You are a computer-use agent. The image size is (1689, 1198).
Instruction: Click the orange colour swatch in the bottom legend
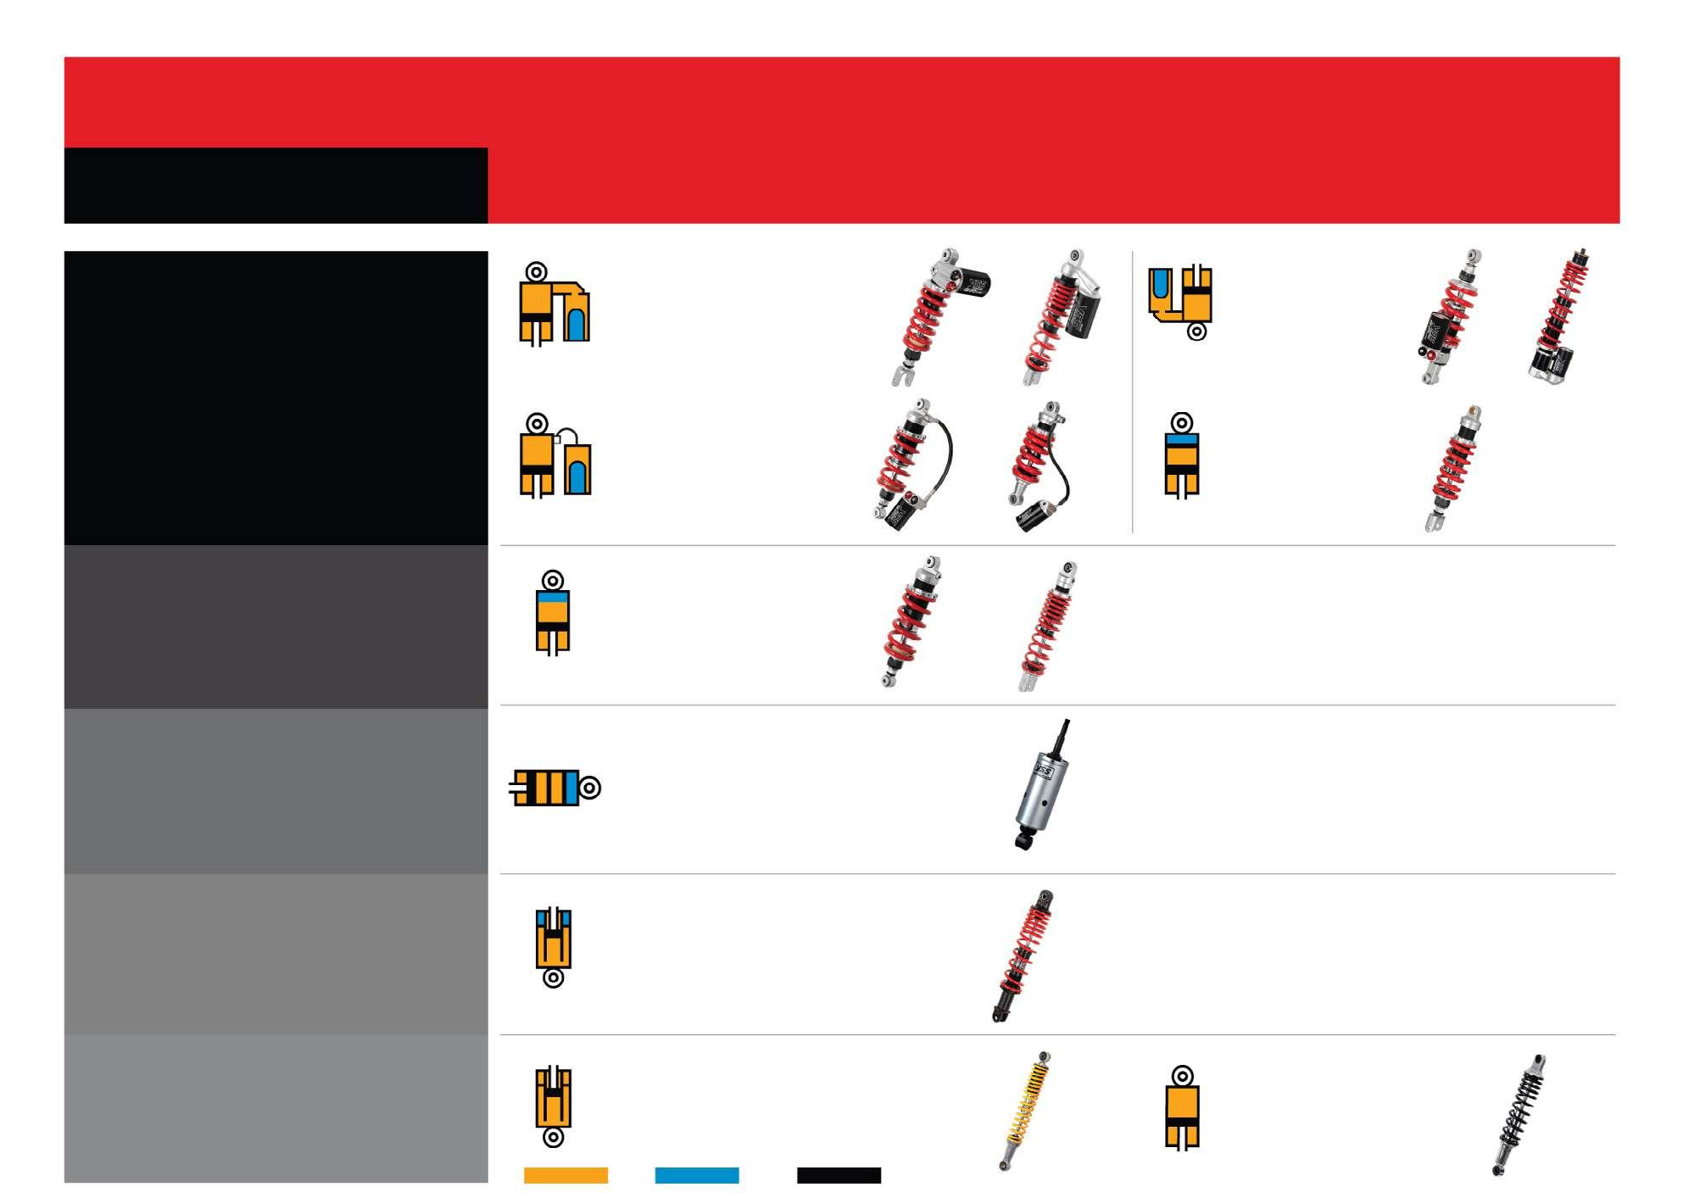coord(566,1175)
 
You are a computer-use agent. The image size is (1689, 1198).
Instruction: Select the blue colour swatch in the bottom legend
coord(696,1175)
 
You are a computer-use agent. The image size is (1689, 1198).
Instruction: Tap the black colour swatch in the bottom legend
coord(839,1175)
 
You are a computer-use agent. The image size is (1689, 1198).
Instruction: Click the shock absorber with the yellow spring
coord(1026,1111)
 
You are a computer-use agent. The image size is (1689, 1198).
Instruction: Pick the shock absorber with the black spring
coord(1519,1115)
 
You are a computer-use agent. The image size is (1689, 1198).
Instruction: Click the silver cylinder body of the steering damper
coord(1038,793)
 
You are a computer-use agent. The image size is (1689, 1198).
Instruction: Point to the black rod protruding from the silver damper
coord(1062,737)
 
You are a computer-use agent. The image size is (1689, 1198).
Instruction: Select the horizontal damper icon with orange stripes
coord(555,788)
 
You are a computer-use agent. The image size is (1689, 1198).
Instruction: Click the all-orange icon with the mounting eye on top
coord(1181,1109)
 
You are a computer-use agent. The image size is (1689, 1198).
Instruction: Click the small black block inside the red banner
coord(276,186)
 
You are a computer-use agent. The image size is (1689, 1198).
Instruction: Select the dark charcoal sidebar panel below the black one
coord(276,627)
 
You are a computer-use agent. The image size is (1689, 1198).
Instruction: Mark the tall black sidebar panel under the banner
coord(276,398)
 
